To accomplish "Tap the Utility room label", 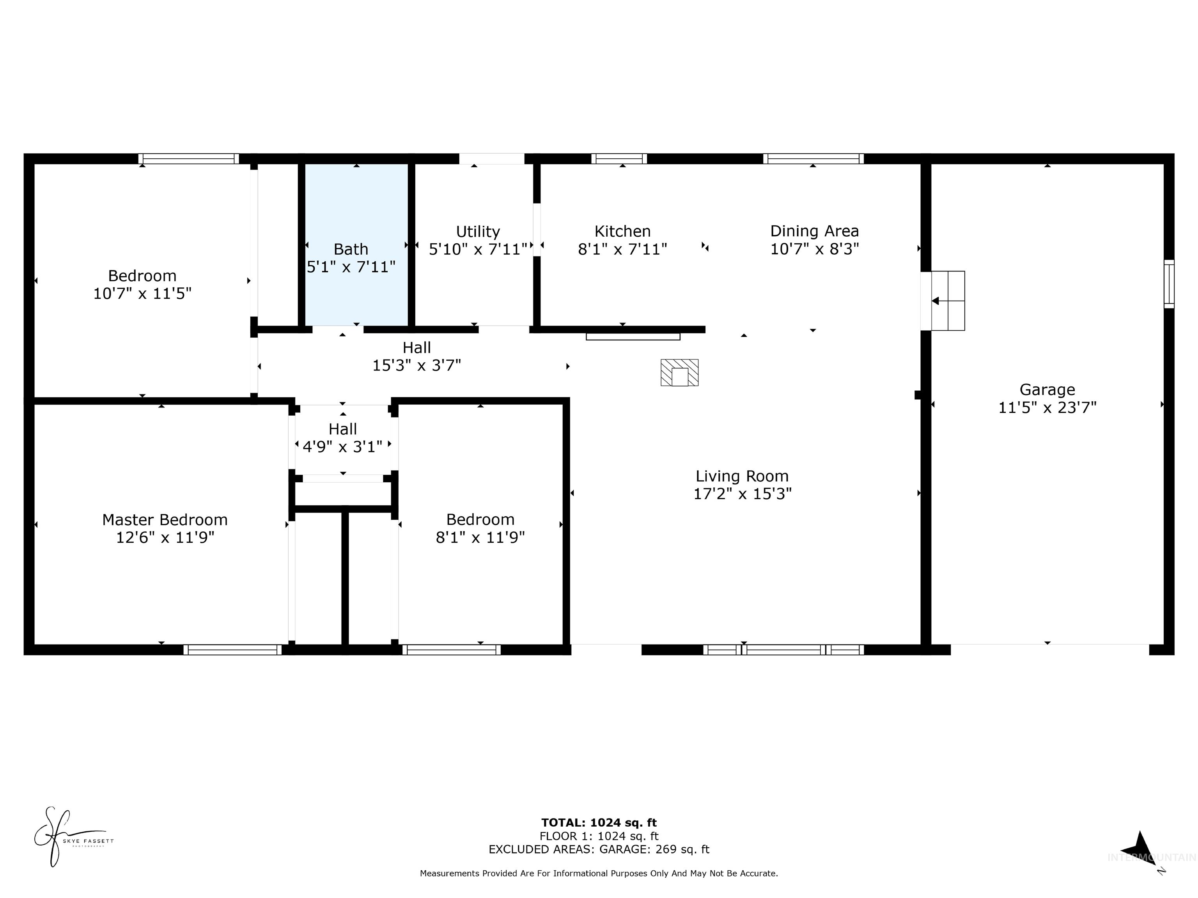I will click(x=477, y=232).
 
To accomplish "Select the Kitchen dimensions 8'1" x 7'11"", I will click(x=622, y=249).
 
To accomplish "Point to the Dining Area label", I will click(x=814, y=231).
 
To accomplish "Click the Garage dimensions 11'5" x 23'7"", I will click(x=1047, y=407).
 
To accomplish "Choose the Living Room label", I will click(x=742, y=476).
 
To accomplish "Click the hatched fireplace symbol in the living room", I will click(x=679, y=373).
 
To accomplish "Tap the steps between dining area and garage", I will click(x=947, y=301).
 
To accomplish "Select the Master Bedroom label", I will click(x=165, y=520).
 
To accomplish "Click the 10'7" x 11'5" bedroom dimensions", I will click(x=142, y=294).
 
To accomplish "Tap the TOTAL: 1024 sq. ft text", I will click(x=599, y=823).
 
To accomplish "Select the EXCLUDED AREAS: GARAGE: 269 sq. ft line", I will click(x=599, y=849).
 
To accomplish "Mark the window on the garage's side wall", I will click(x=1169, y=284).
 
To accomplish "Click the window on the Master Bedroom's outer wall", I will click(x=232, y=649).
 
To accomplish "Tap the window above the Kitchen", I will click(x=619, y=159).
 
